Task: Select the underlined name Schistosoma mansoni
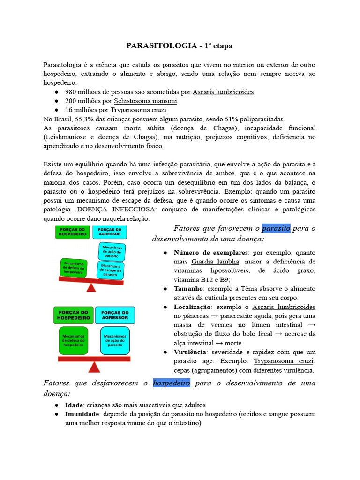point(145,101)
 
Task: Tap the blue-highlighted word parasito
point(276,228)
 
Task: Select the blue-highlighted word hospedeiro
point(172,383)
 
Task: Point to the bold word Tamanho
point(188,289)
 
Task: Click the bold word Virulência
point(191,352)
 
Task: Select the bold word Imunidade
point(82,414)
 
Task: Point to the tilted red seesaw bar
point(91,281)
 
